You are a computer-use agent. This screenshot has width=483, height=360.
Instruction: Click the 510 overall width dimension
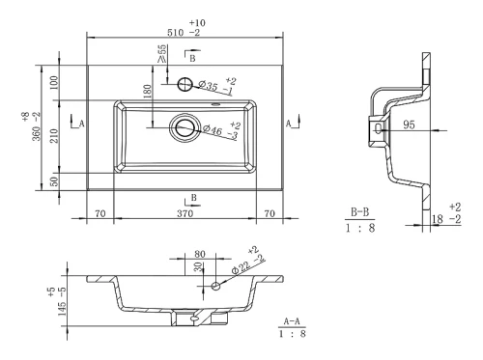[x=175, y=33]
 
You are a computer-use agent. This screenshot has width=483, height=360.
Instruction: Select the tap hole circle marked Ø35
[x=185, y=84]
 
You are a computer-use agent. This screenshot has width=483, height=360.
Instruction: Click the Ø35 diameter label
[x=209, y=86]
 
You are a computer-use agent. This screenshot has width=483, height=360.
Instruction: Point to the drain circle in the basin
[x=185, y=127]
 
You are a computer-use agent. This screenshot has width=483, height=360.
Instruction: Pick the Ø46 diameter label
[x=213, y=129]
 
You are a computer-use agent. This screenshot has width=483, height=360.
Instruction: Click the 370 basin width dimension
[x=185, y=213]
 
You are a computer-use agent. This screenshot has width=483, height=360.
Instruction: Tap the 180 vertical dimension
[x=147, y=92]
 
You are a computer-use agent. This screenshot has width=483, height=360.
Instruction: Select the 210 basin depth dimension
[x=54, y=136]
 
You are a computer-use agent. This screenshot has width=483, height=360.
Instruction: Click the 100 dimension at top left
[x=54, y=83]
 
